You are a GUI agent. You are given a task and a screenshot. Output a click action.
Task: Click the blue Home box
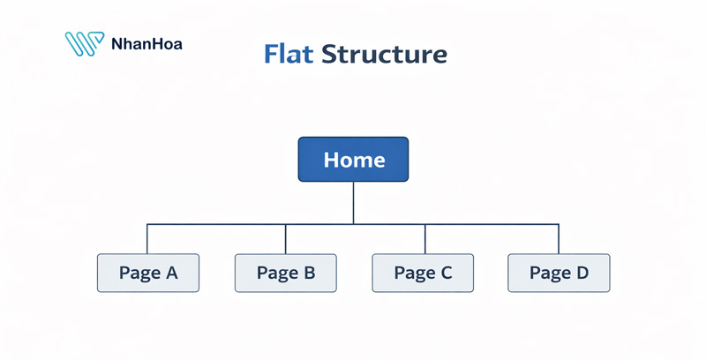click(353, 160)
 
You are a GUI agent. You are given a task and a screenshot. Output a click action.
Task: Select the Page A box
click(148, 273)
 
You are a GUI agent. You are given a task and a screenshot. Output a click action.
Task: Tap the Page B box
click(286, 273)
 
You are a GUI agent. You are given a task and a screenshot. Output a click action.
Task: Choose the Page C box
click(423, 273)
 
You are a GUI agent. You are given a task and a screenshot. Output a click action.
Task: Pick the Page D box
click(559, 273)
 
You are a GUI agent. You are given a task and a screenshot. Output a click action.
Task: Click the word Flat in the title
click(289, 55)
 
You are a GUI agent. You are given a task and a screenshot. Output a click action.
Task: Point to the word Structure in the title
click(384, 55)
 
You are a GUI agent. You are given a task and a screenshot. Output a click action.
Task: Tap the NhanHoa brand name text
click(147, 42)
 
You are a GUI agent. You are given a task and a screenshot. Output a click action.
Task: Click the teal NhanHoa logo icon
click(86, 44)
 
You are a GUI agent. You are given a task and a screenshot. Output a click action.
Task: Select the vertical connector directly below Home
click(353, 203)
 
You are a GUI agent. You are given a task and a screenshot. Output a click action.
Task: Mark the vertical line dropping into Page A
click(147, 239)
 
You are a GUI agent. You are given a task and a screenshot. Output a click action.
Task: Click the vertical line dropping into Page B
click(286, 239)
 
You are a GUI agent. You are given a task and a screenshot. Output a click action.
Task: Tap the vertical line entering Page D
click(559, 239)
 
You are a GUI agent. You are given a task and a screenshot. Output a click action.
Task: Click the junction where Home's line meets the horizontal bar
click(353, 224)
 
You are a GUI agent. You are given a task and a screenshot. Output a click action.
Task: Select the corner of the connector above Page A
click(147, 224)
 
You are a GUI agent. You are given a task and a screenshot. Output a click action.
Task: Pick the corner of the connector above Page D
click(559, 224)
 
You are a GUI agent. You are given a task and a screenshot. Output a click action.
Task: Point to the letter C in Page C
click(445, 273)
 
